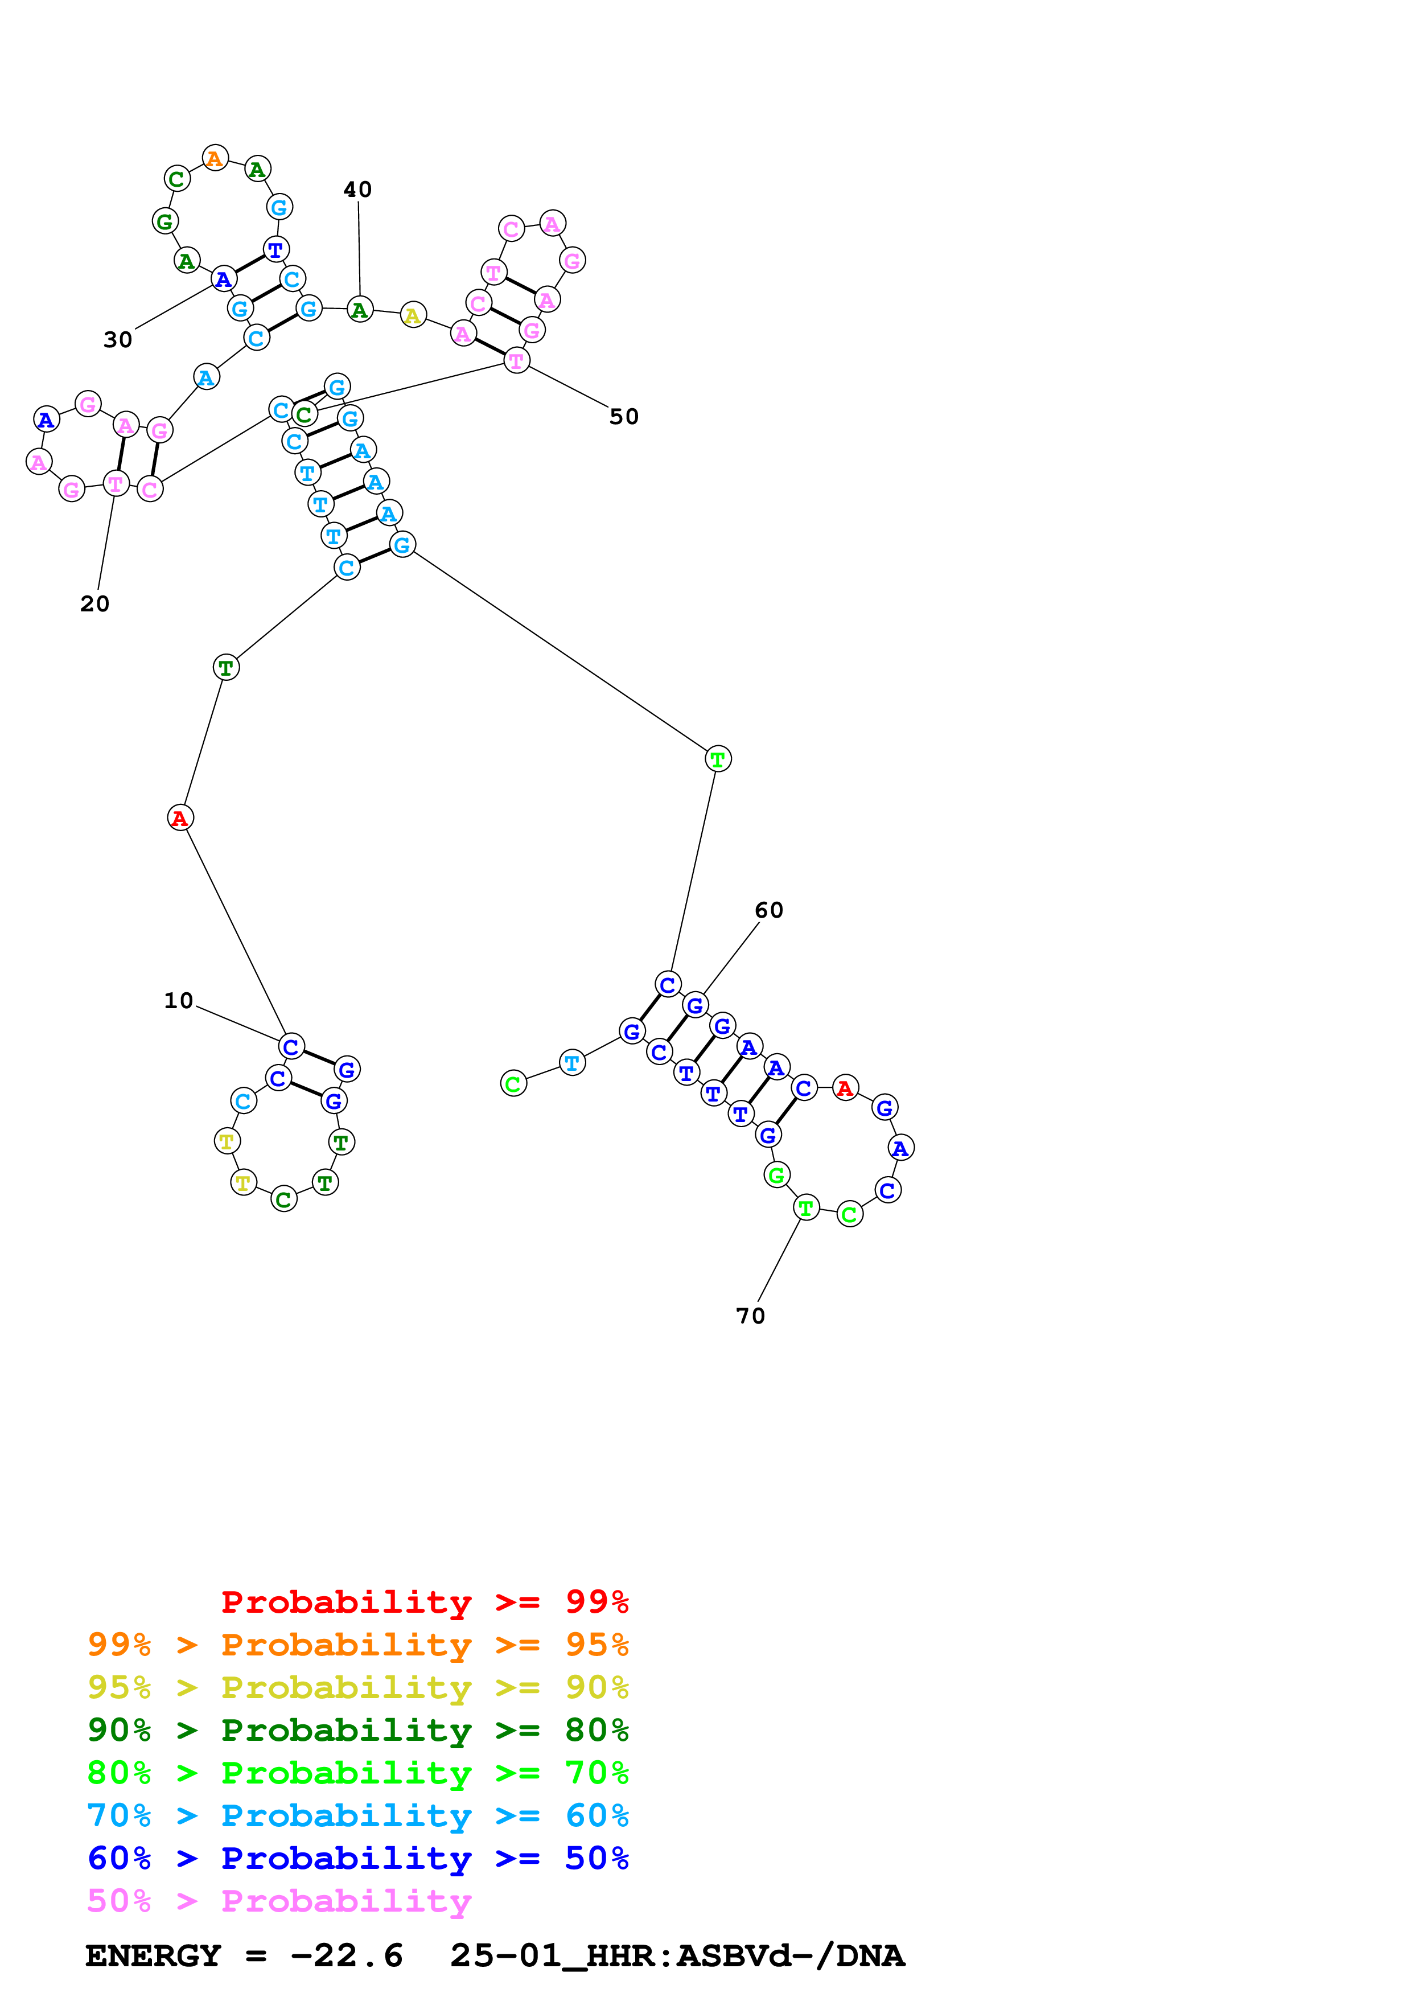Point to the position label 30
tap(118, 339)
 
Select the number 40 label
tap(357, 190)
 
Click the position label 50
tap(624, 417)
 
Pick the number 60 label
tap(770, 911)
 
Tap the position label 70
tap(751, 1316)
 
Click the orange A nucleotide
tap(215, 158)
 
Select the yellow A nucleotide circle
tap(413, 316)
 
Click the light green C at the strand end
tap(514, 1084)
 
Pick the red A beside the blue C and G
tap(845, 1088)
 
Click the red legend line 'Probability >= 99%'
tap(425, 1601)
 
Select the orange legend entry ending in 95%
tap(358, 1644)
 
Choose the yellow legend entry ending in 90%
tap(358, 1687)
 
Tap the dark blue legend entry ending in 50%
tap(358, 1858)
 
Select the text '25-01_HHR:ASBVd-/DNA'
tap(677, 1956)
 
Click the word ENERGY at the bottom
tap(153, 1956)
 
